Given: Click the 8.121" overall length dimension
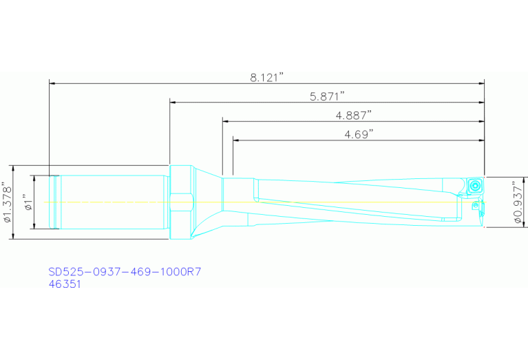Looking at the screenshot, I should pyautogui.click(x=267, y=78).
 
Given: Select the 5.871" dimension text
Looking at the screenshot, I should pyautogui.click(x=326, y=96).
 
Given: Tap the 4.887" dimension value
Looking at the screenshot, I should pyautogui.click(x=353, y=114).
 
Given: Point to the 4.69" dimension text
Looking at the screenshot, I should pyautogui.click(x=358, y=134).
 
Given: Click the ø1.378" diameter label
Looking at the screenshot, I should pyautogui.click(x=8, y=203).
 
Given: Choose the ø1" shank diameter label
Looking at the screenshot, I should pyautogui.click(x=28, y=203).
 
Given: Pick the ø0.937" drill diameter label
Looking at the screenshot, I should pyautogui.click(x=519, y=203).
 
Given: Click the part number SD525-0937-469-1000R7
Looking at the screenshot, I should pyautogui.click(x=125, y=272).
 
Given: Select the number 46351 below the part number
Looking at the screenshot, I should pyautogui.click(x=65, y=284).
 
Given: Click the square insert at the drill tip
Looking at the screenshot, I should pyautogui.click(x=474, y=186).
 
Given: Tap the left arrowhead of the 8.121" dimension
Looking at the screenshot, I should pyautogui.click(x=52, y=84).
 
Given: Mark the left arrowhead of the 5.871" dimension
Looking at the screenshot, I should pyautogui.click(x=173, y=103).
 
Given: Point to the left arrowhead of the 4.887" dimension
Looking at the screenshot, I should pyautogui.click(x=226, y=121).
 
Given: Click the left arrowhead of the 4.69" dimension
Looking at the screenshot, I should pyautogui.click(x=237, y=140).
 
